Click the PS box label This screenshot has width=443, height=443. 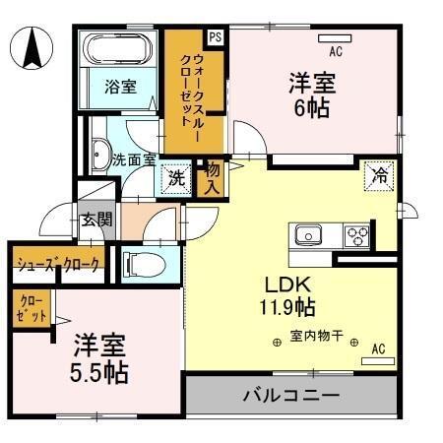215,36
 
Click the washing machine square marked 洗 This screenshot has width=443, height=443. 176,178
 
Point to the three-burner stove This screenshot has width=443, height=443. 356,235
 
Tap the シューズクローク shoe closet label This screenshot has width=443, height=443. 56,264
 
